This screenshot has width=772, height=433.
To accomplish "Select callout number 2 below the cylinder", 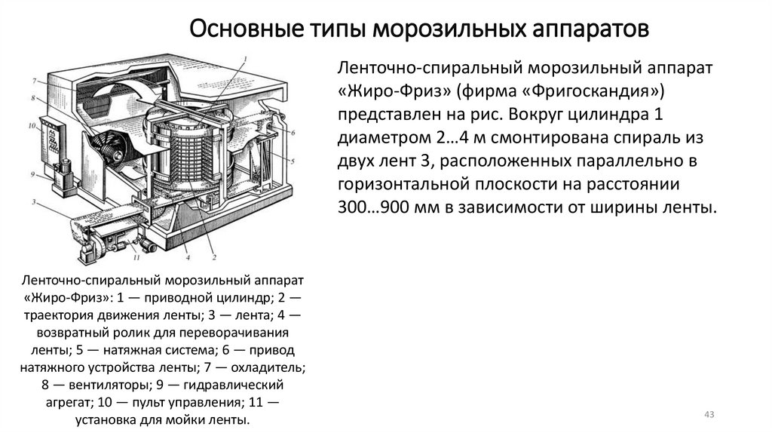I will [214, 258].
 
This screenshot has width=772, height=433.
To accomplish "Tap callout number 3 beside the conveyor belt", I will [35, 202].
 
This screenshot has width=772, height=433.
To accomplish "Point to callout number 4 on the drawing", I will [186, 257].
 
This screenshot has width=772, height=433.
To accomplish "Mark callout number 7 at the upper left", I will [35, 80].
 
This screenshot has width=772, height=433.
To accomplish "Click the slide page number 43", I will [709, 415].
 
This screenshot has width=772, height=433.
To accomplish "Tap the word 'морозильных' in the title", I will [434, 30].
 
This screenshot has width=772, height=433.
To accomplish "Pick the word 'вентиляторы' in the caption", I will [93, 384].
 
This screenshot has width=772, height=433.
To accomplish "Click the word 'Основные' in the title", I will [239, 30].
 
